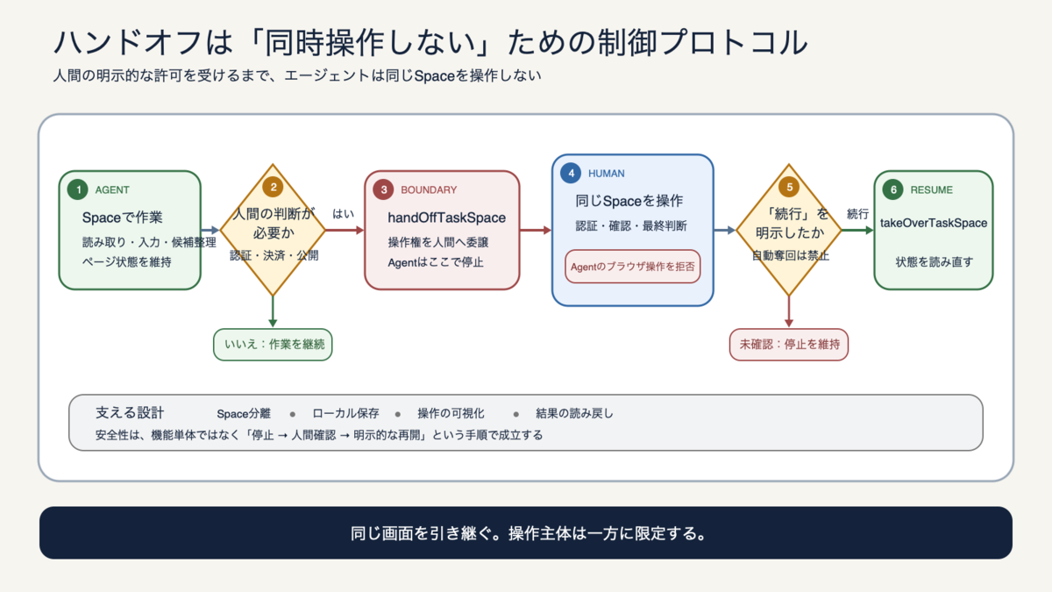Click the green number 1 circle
click(77, 189)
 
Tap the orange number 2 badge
click(273, 187)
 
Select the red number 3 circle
click(383, 189)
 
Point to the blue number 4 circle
click(571, 174)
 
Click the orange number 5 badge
click(789, 187)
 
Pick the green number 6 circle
click(892, 189)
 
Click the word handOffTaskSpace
click(446, 218)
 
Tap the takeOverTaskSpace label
click(934, 223)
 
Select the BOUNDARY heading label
click(429, 189)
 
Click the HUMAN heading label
click(607, 174)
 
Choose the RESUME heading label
click(932, 189)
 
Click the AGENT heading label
click(112, 189)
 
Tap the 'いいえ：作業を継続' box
click(273, 345)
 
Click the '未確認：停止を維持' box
click(789, 345)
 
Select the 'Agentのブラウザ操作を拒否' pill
click(633, 267)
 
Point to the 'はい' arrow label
click(344, 214)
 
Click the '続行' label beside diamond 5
click(857, 214)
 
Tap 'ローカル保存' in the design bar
click(345, 413)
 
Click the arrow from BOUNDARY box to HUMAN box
click(536, 230)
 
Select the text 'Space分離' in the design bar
click(244, 413)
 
